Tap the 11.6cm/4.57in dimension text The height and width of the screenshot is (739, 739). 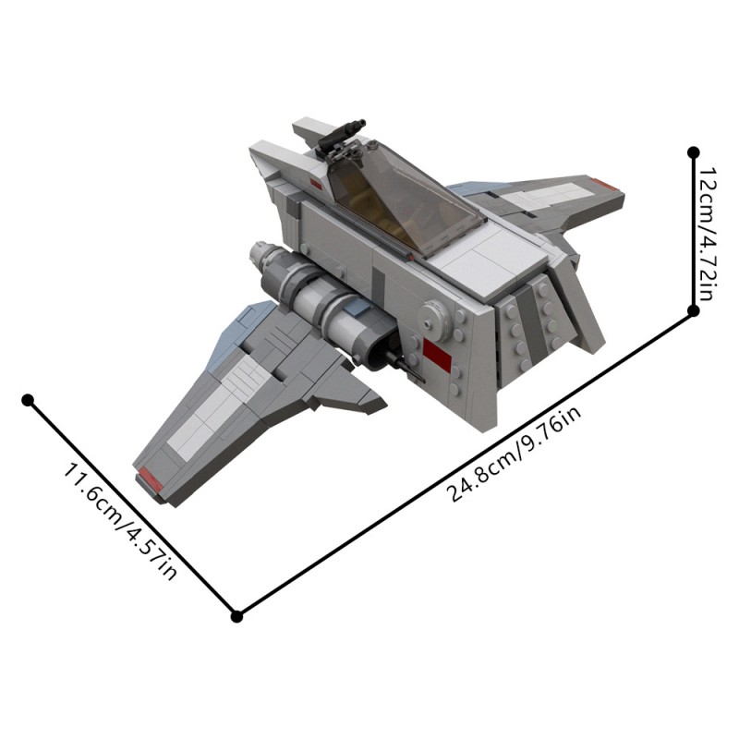119,522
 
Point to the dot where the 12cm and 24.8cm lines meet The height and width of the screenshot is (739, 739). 694,311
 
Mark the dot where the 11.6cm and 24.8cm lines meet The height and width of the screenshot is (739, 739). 236,616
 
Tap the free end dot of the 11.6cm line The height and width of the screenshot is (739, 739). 28,400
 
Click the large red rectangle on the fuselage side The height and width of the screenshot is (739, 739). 438,355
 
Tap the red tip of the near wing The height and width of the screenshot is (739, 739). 150,479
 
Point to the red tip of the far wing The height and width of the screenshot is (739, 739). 606,184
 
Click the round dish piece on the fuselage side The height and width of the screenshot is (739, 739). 431,316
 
